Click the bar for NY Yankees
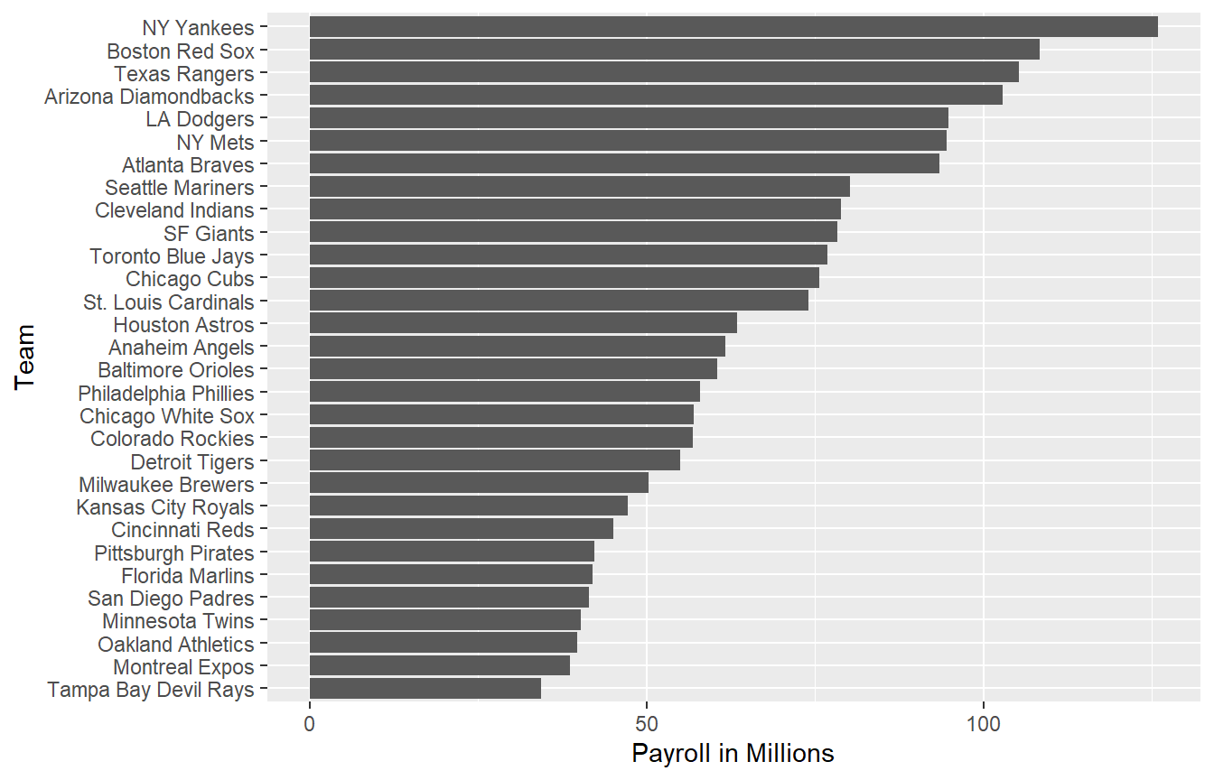(733, 27)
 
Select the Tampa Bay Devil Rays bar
(425, 690)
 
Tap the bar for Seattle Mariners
(579, 187)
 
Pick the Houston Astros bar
(523, 324)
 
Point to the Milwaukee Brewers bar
(479, 484)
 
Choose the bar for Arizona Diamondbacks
(656, 95)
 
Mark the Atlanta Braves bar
(624, 164)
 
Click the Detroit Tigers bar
(494, 461)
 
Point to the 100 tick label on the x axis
(984, 724)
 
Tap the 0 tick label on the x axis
(310, 724)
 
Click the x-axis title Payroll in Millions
(733, 753)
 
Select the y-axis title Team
(25, 357)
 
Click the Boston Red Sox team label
(181, 51)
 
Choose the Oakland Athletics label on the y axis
(176, 645)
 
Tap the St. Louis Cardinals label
(169, 302)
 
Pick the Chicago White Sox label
(167, 416)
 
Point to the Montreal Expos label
(183, 667)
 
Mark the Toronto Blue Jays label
(172, 256)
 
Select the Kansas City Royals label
(165, 507)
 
